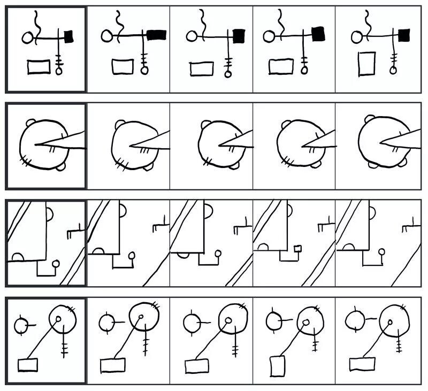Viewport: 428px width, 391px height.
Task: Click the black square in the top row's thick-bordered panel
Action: coord(69,36)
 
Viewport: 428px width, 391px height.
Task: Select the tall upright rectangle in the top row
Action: coord(367,63)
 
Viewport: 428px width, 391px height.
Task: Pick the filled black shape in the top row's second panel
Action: coord(157,35)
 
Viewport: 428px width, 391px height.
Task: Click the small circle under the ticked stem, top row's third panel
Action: coord(228,74)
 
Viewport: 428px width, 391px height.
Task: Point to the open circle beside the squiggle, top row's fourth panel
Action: coord(269,36)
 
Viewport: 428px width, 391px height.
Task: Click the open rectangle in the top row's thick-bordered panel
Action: coord(39,67)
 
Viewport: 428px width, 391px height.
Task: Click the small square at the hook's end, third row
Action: coord(299,248)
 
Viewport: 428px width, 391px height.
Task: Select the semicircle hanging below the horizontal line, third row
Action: coord(184,255)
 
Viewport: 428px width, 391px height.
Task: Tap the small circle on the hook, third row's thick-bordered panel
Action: coord(56,263)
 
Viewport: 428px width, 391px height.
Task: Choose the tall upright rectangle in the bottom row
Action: coord(277,366)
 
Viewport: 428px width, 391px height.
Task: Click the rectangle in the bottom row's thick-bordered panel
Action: coord(28,364)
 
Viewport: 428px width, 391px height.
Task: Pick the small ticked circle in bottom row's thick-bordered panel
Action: coord(21,324)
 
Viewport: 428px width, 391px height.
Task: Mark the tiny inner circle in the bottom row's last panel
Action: coord(389,323)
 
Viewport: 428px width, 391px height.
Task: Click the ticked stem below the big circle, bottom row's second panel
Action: coord(145,343)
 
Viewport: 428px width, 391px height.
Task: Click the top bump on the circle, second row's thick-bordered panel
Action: coord(28,123)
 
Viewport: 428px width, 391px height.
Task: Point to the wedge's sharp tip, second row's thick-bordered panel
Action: coord(37,144)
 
